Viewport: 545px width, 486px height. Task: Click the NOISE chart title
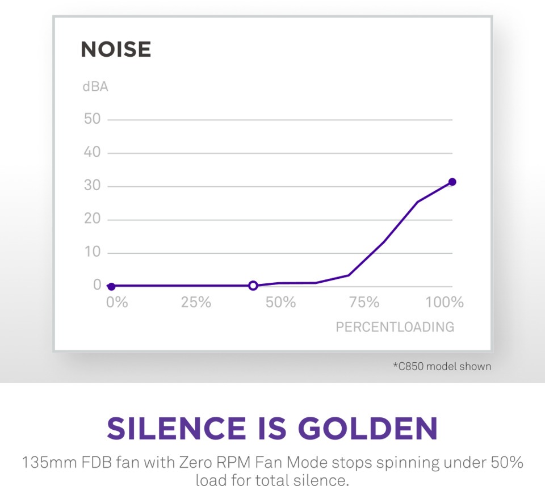click(116, 49)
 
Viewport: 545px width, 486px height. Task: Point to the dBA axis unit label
click(95, 86)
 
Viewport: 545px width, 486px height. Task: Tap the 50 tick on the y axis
click(92, 119)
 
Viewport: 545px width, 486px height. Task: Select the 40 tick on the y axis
click(92, 152)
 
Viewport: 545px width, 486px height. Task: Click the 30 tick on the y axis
click(92, 185)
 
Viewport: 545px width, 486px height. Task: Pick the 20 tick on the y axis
click(92, 219)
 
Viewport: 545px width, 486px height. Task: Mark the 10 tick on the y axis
click(93, 252)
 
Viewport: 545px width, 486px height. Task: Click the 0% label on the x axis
click(117, 303)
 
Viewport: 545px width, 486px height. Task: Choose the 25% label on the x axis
click(196, 303)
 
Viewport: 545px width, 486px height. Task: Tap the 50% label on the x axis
click(280, 303)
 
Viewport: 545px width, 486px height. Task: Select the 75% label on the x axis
click(364, 303)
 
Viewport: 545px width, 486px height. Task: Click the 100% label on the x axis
click(445, 303)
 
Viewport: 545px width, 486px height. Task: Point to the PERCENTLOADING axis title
click(395, 327)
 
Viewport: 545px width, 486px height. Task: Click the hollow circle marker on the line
click(253, 286)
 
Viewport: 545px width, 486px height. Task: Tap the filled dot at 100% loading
click(452, 182)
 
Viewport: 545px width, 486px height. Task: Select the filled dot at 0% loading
click(111, 287)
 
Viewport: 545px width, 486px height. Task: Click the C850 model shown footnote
click(442, 366)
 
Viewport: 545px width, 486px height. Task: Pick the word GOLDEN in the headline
click(368, 428)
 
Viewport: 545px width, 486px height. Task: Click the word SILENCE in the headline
click(177, 428)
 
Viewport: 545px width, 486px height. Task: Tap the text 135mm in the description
click(49, 463)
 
